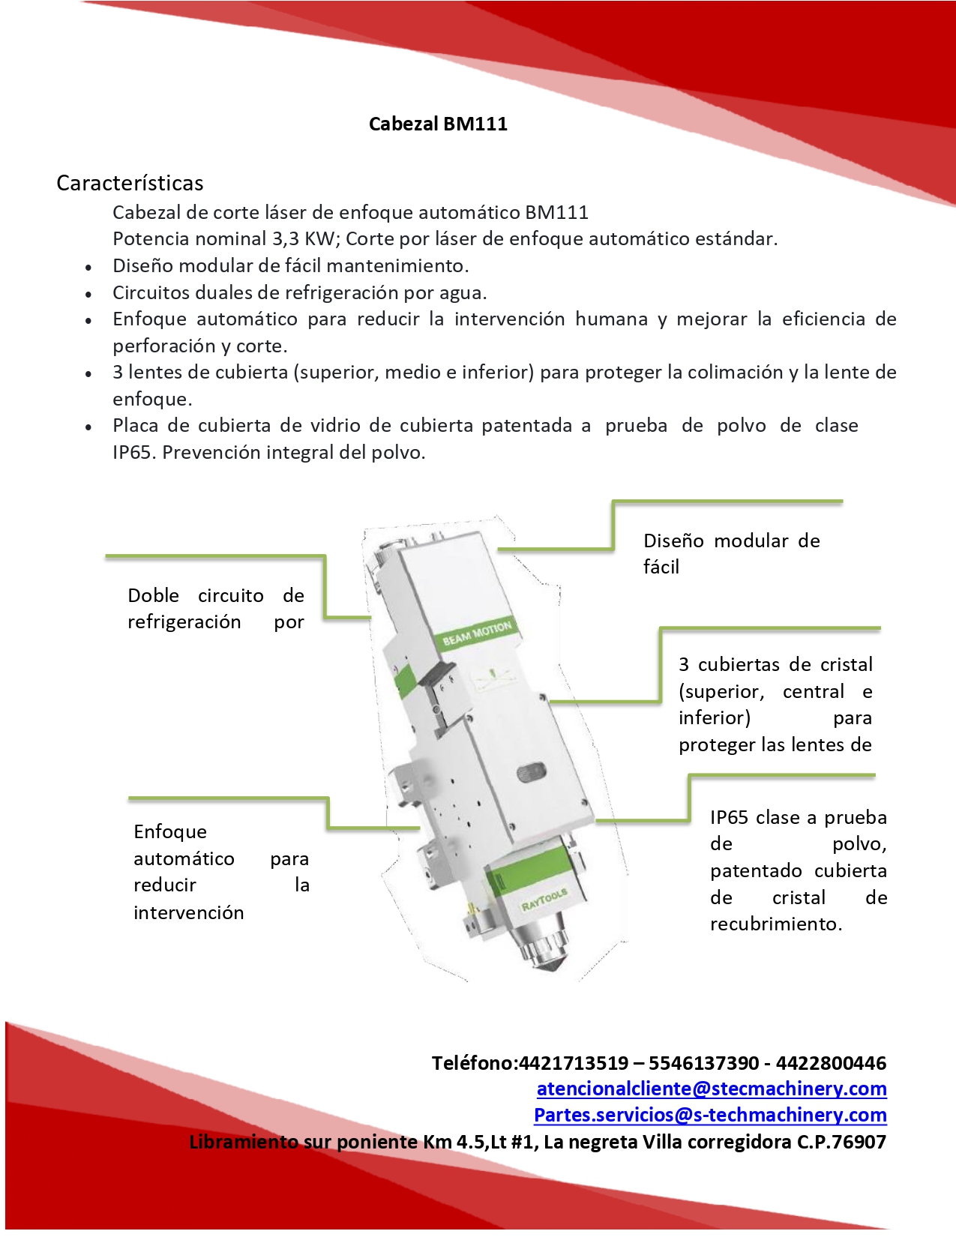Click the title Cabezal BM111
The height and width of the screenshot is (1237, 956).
[x=438, y=124]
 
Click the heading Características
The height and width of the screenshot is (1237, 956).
[x=130, y=183]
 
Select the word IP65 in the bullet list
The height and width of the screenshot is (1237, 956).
[x=133, y=453]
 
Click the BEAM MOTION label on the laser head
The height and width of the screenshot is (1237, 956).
[x=477, y=633]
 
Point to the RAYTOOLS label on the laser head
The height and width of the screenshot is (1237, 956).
[x=544, y=900]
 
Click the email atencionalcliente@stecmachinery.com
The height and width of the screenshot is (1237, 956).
[x=711, y=1089]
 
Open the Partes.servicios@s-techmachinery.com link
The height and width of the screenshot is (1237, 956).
[x=709, y=1115]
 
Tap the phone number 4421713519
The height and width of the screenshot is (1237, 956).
[x=574, y=1063]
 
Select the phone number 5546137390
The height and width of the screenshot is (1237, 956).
[x=703, y=1063]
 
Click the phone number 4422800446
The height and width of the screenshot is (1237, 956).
[x=831, y=1063]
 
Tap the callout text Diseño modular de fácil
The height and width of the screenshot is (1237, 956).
[x=731, y=553]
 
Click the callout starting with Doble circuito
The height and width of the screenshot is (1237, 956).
[x=215, y=609]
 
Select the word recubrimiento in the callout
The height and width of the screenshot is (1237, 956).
[x=775, y=924]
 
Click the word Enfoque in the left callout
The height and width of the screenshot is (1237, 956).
[x=170, y=832]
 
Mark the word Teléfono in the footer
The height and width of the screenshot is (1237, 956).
[x=473, y=1063]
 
